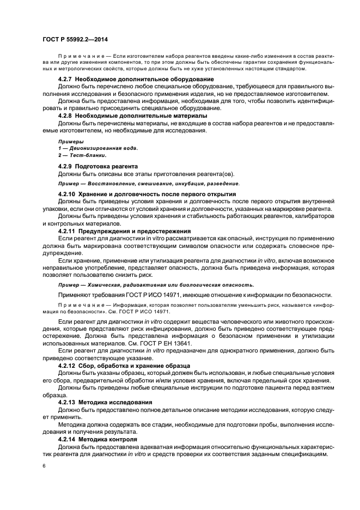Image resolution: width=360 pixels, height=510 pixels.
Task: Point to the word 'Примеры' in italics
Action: pyautogui.click(x=68, y=141)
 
